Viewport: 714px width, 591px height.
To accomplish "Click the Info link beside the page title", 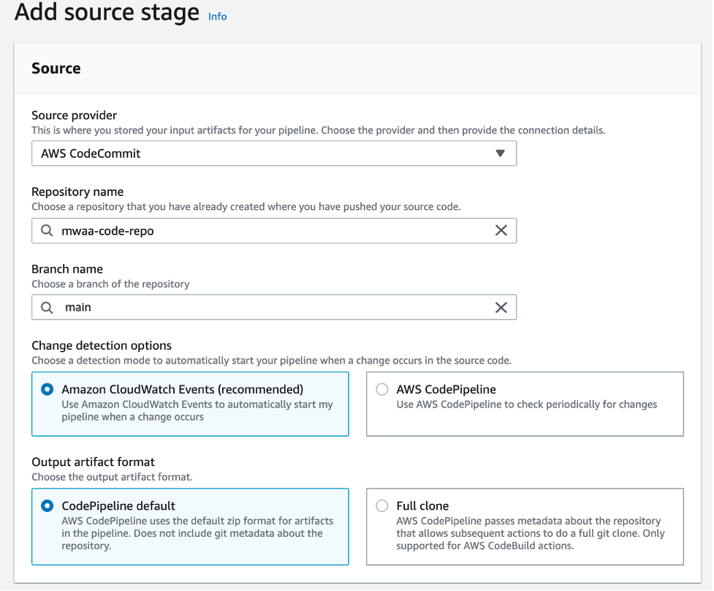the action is click(217, 16).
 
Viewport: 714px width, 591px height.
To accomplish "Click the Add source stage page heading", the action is click(107, 12).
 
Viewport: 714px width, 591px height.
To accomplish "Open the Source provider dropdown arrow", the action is click(500, 154).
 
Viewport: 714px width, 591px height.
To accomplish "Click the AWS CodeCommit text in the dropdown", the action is click(91, 154).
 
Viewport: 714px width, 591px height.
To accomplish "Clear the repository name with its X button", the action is click(501, 230).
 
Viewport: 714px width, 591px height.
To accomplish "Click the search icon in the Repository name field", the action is click(47, 230).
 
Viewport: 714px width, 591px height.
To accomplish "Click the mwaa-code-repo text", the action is click(107, 230).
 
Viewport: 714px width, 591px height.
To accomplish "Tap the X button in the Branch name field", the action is click(501, 307).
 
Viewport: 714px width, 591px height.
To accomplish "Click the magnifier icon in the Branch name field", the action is click(47, 307).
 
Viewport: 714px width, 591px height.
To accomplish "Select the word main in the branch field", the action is click(78, 307).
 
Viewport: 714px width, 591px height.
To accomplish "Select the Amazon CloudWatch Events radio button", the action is click(48, 390).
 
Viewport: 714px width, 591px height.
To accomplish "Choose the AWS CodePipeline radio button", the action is click(381, 390).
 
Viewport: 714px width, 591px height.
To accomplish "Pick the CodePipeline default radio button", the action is click(48, 505).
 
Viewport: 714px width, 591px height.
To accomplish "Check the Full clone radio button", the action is click(381, 505).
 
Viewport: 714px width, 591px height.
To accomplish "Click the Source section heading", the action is click(56, 69).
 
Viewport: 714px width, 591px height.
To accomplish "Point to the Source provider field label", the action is click(74, 116).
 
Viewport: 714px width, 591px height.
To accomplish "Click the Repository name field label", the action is click(77, 192).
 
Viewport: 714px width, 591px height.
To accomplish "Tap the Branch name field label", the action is click(67, 269).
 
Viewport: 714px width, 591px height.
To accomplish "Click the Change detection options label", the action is click(102, 345).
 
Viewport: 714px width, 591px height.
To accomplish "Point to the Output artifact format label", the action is click(93, 462).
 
